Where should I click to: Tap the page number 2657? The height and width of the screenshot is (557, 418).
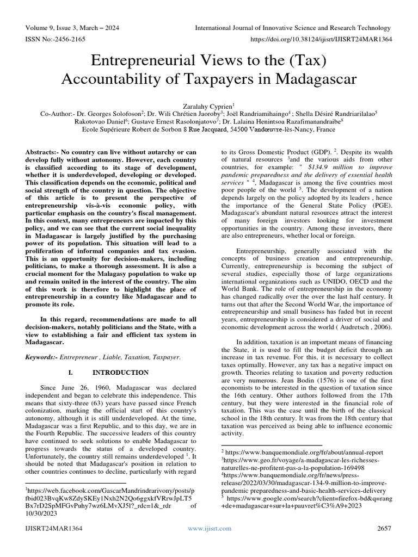click(x=384, y=528)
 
